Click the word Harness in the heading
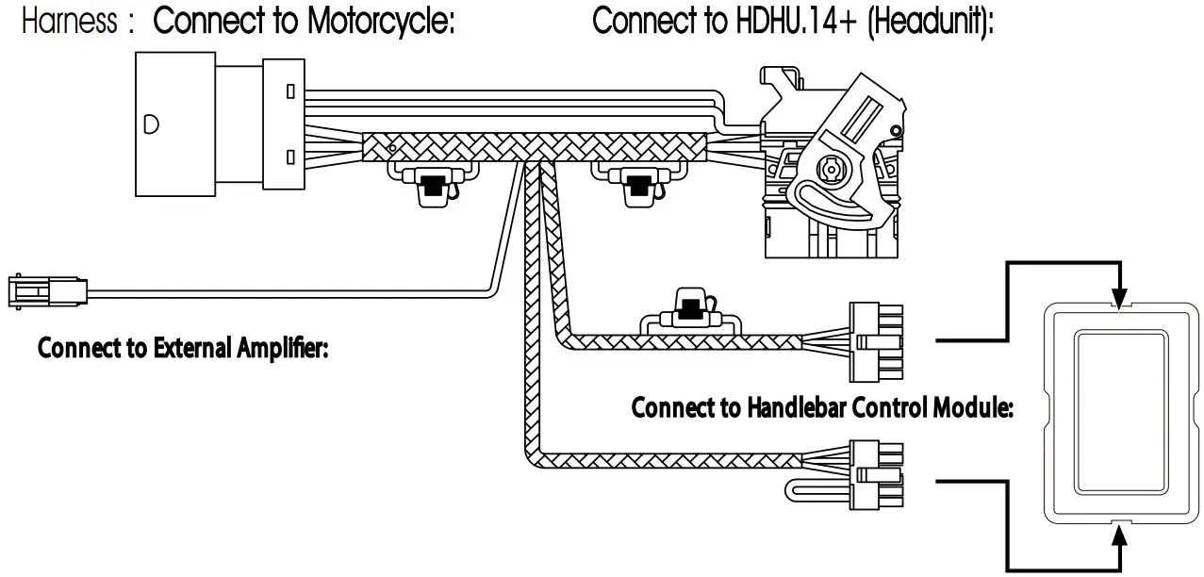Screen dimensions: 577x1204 click(69, 23)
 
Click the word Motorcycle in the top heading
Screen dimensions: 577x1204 click(382, 23)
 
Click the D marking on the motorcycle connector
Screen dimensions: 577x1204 click(151, 124)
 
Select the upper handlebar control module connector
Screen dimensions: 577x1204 click(876, 340)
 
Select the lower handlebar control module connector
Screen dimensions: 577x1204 click(876, 474)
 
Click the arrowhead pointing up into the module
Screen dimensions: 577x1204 click(1119, 535)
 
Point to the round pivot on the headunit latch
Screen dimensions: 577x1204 click(831, 171)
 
